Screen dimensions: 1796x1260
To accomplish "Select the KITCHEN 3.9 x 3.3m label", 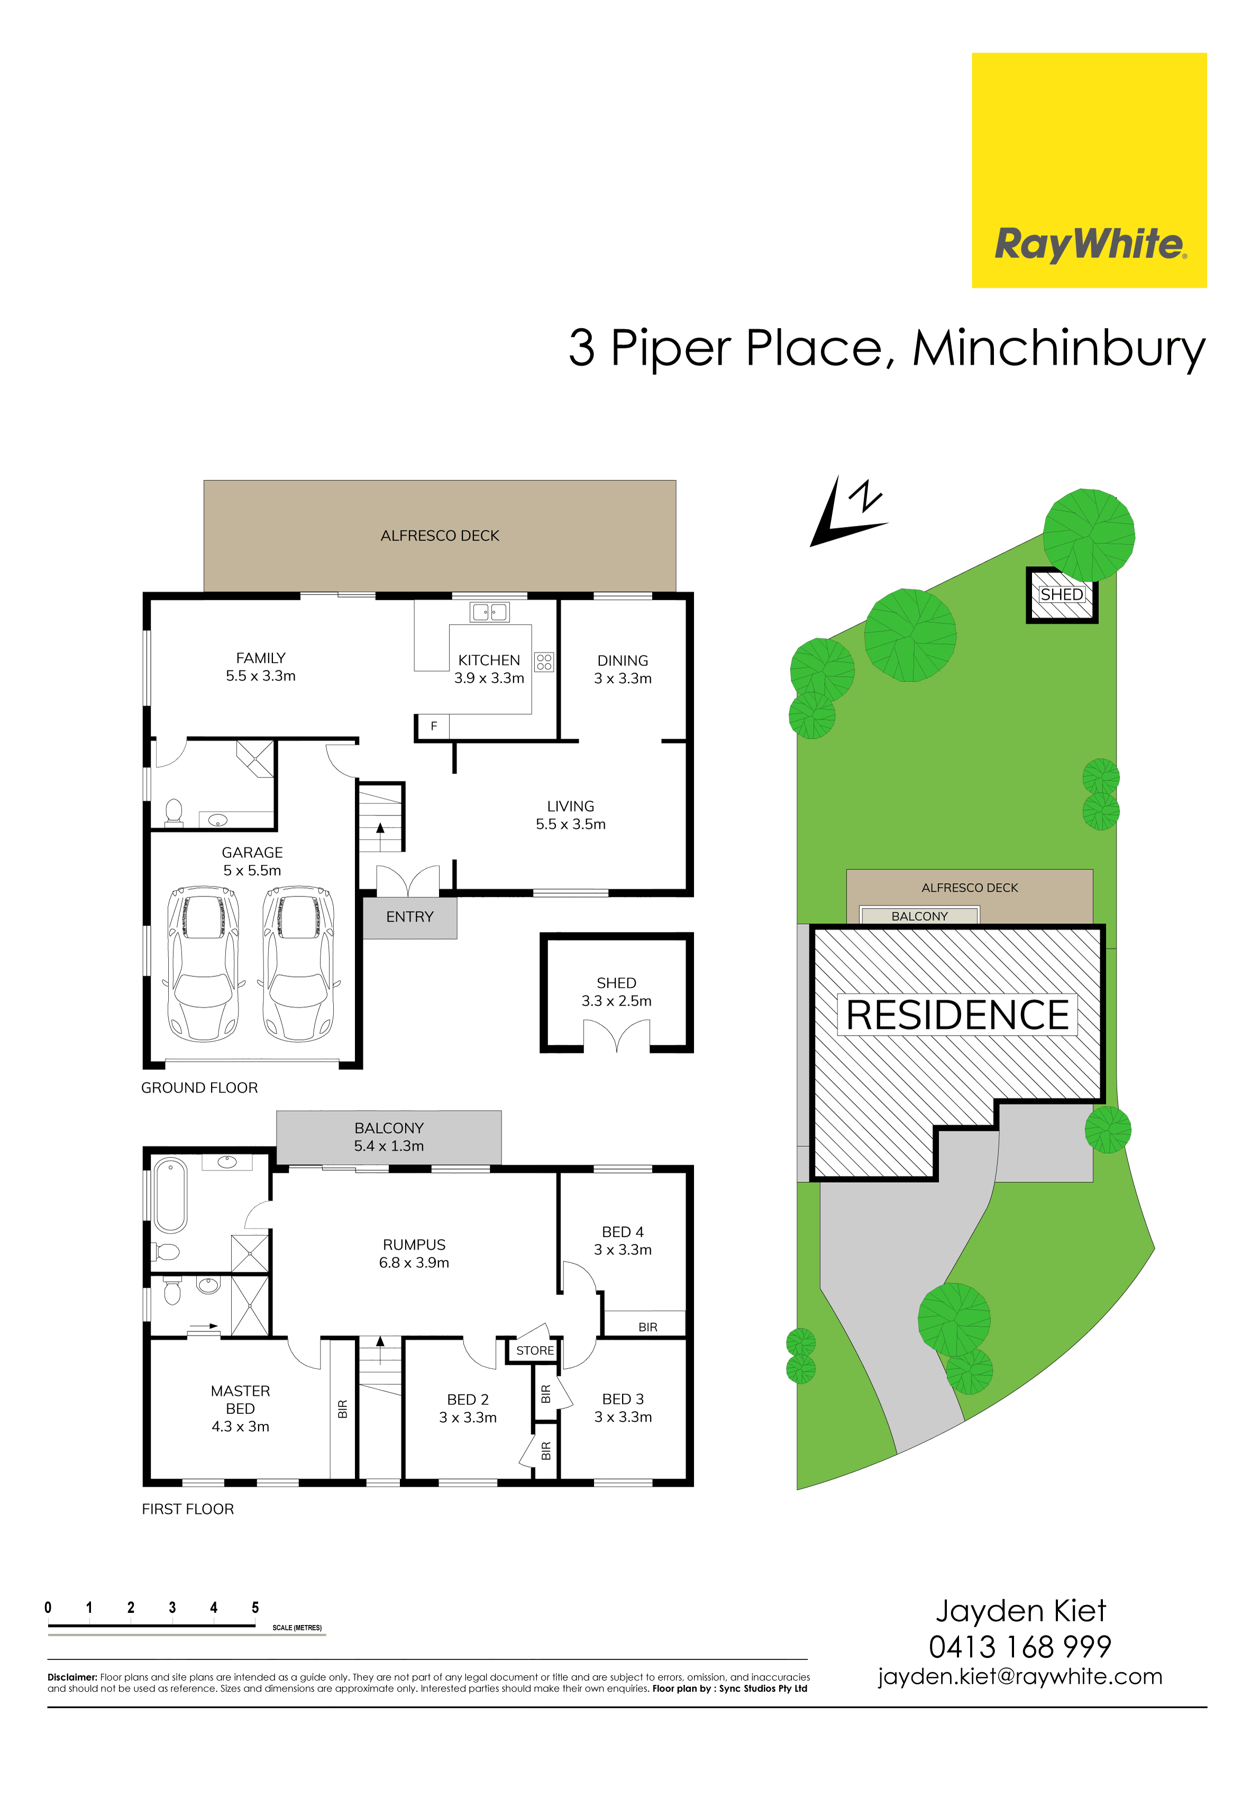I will point(489,669).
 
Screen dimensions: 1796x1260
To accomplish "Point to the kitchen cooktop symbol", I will point(544,663).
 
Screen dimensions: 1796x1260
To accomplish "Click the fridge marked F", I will point(433,727).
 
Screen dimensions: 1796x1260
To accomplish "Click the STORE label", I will point(535,1351).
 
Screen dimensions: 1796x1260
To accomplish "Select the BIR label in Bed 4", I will point(647,1328).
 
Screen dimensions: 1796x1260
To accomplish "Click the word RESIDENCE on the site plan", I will point(957,1015).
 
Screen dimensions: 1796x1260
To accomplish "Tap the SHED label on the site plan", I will point(1061,594).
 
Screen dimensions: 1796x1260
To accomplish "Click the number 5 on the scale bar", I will point(255,1608).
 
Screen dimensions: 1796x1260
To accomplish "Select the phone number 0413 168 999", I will point(1020,1647).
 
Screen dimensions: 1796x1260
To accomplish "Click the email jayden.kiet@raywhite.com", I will point(1020,1677).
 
